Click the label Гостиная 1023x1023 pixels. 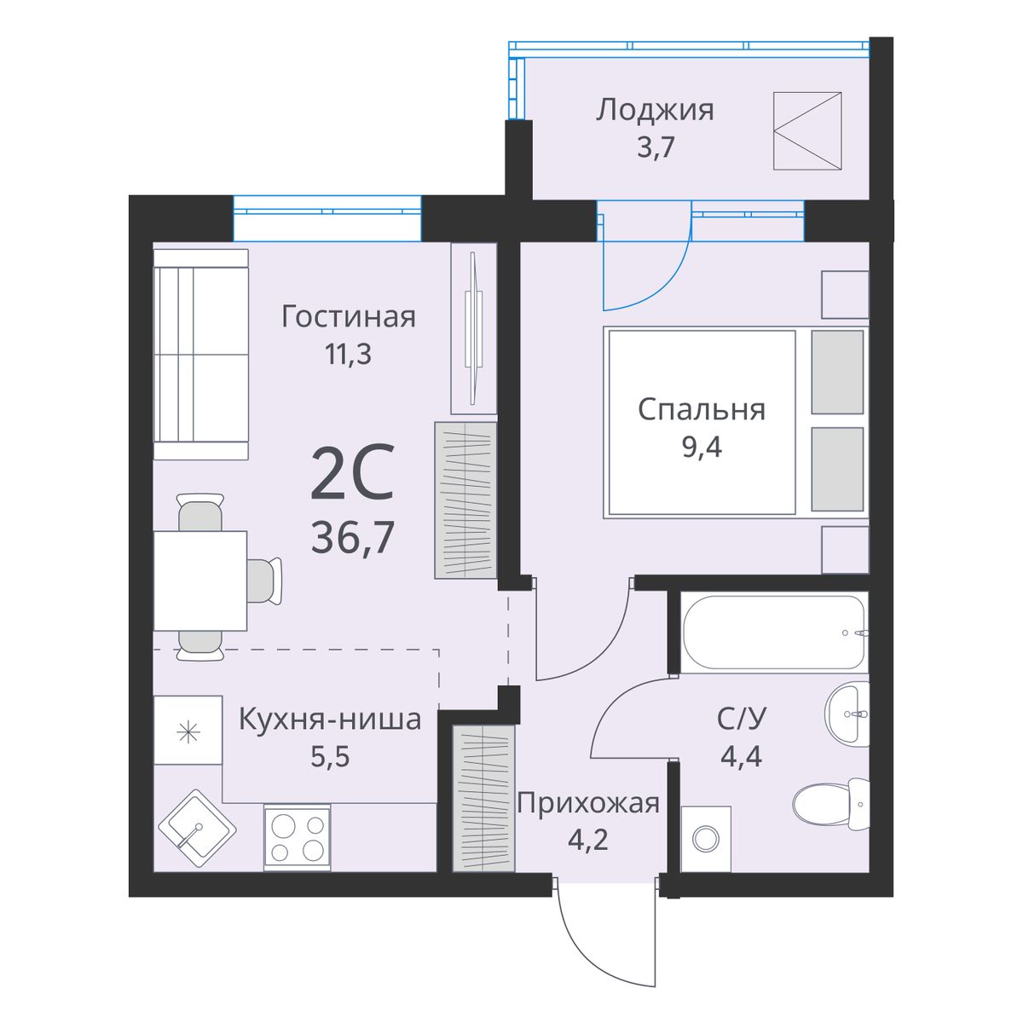pyautogui.click(x=349, y=316)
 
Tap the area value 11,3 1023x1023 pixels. pyautogui.click(x=349, y=354)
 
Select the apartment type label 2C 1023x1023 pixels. pyautogui.click(x=352, y=472)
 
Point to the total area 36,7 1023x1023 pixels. pyautogui.click(x=352, y=537)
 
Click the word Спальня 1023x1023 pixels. pyautogui.click(x=702, y=410)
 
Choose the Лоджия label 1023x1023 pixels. pyautogui.click(x=655, y=111)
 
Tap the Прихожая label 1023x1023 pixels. pyautogui.click(x=588, y=803)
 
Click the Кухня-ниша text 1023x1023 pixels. pyautogui.click(x=330, y=720)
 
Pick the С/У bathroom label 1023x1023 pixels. pyautogui.click(x=742, y=720)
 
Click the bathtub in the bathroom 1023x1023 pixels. pyautogui.click(x=774, y=632)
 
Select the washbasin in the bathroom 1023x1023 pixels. pyautogui.click(x=847, y=714)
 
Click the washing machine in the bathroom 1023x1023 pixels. pyautogui.click(x=706, y=839)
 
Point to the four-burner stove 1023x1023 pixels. pyautogui.click(x=298, y=838)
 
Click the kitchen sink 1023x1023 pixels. pyautogui.click(x=197, y=829)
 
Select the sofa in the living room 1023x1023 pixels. pyautogui.click(x=201, y=354)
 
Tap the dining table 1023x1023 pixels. pyautogui.click(x=200, y=581)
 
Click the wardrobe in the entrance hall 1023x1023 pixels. pyautogui.click(x=483, y=798)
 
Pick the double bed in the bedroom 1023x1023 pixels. pyautogui.click(x=736, y=422)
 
